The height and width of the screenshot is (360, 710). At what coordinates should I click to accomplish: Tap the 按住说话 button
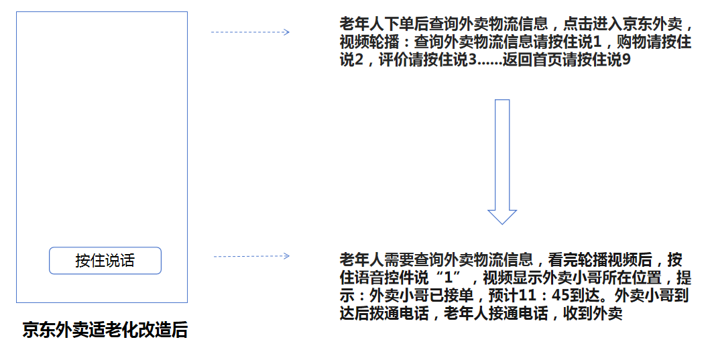[x=105, y=260]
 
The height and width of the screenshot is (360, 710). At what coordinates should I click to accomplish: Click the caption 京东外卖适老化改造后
[x=105, y=330]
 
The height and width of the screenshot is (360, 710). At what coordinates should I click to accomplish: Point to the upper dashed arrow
[x=250, y=32]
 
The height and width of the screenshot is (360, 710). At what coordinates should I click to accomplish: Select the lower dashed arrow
[x=251, y=256]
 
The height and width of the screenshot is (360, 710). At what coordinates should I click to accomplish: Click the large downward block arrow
[x=502, y=162]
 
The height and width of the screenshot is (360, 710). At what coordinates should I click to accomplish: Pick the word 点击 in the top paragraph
[x=578, y=23]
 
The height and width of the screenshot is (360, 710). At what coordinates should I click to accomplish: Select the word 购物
[x=632, y=42]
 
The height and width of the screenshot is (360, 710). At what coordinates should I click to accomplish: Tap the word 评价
[x=394, y=60]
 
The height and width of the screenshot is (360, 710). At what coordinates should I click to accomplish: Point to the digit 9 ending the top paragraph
[x=626, y=60]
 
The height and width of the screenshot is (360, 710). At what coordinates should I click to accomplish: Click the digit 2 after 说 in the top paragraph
[x=359, y=60]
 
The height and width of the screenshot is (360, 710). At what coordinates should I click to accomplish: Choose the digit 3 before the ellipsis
[x=472, y=60]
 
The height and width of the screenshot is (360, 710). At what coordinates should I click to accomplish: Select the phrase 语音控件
[x=384, y=277]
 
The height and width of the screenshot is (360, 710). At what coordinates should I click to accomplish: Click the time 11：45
[x=544, y=295]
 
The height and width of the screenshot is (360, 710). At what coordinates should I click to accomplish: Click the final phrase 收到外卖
[x=593, y=313]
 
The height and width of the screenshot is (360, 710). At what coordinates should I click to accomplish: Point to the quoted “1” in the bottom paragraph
[x=449, y=277]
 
